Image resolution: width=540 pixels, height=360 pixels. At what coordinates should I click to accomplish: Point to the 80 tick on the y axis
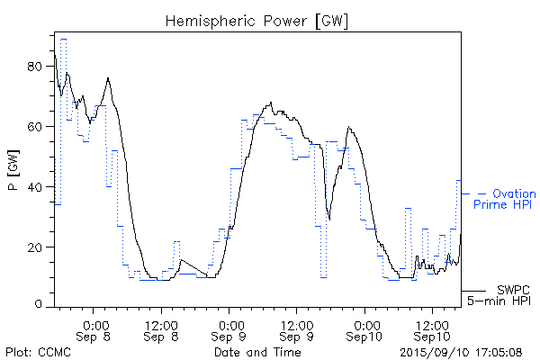click(x=37, y=67)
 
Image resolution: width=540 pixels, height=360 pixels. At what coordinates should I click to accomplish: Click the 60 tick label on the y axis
click(x=37, y=127)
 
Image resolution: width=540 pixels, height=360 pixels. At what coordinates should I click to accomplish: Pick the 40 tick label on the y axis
click(x=37, y=187)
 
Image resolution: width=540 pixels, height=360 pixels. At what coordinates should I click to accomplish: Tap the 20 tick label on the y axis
click(x=37, y=247)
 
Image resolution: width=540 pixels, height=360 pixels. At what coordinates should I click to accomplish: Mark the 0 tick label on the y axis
click(x=40, y=306)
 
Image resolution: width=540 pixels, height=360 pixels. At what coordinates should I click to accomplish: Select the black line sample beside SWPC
click(x=474, y=292)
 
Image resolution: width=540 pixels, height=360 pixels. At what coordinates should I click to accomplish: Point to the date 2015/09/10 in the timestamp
click(x=434, y=352)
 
